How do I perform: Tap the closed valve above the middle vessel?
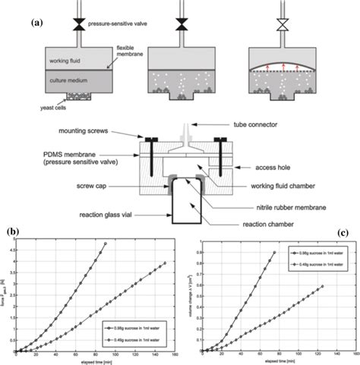tap(181, 24)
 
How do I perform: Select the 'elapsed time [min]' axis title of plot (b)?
tap(74, 360)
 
